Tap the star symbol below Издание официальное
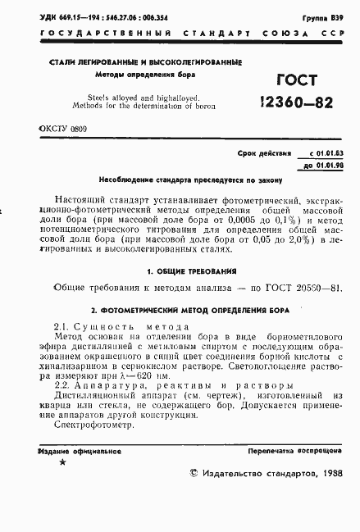point(62,464)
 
